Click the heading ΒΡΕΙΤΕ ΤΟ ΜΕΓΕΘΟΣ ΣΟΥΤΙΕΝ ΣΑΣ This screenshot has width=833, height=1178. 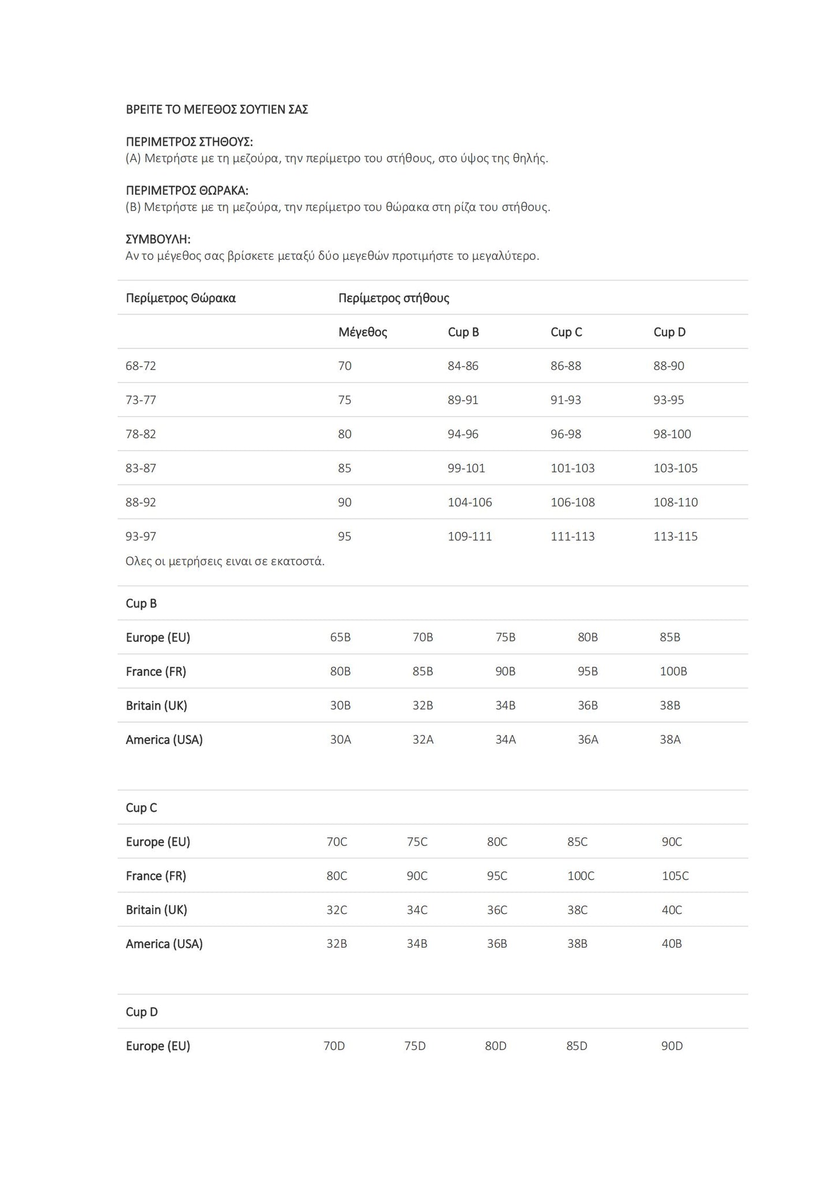(217, 110)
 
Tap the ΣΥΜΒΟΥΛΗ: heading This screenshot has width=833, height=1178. (158, 239)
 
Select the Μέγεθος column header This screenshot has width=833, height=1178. (363, 332)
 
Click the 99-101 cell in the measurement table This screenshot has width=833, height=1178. (466, 468)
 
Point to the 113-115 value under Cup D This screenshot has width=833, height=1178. (675, 537)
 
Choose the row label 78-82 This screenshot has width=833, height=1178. (141, 434)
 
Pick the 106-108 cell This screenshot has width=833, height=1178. (572, 502)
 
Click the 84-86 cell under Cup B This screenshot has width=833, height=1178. (463, 366)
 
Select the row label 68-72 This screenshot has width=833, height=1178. (141, 366)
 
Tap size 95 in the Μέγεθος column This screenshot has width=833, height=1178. (345, 537)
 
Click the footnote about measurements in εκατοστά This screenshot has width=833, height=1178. (225, 561)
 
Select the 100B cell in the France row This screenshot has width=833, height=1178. (673, 671)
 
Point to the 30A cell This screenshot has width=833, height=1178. (340, 739)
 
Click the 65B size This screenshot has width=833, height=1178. (340, 637)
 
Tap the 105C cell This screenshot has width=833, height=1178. (675, 876)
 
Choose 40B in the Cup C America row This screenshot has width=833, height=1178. (672, 944)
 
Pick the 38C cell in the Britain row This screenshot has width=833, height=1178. (577, 910)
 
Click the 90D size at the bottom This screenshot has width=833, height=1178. (672, 1046)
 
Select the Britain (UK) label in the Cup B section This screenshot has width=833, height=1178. (156, 705)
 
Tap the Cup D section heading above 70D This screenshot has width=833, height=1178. (141, 1012)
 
